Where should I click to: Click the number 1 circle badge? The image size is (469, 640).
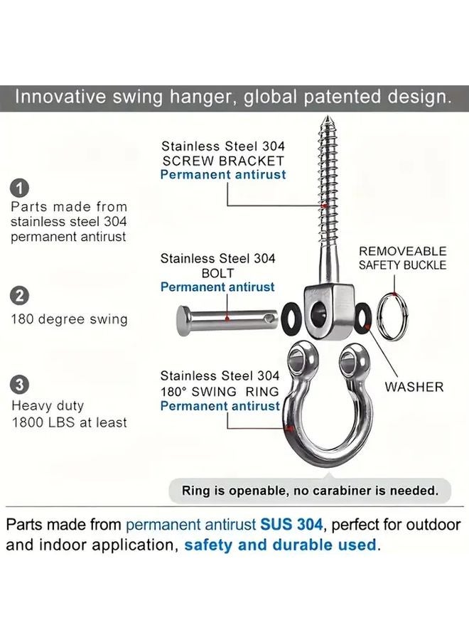coord(21,188)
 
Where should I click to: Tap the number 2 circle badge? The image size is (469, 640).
coord(21,295)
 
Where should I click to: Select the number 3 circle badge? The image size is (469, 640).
coord(21,385)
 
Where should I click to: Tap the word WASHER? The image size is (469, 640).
coord(414,388)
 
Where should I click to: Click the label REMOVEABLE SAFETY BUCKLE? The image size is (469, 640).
coord(402,258)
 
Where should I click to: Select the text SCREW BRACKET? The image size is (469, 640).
coord(223,161)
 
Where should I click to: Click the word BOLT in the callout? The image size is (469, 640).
coord(217,273)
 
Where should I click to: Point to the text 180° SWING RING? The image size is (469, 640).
coord(220,391)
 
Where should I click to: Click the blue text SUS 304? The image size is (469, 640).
coord(291,526)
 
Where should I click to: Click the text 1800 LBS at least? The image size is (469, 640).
coord(69,422)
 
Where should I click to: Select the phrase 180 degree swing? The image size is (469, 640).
coord(69,319)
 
